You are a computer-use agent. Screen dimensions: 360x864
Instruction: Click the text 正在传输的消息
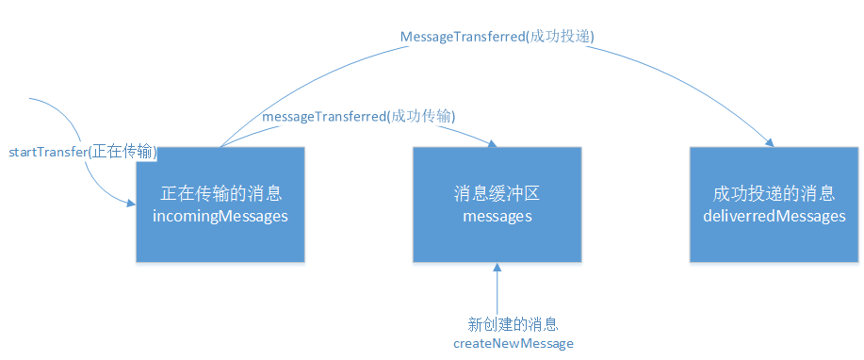click(220, 195)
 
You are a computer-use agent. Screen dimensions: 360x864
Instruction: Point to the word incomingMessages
click(220, 217)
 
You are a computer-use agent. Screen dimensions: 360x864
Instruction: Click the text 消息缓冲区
click(497, 195)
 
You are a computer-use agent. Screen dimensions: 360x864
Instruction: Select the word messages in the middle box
click(497, 217)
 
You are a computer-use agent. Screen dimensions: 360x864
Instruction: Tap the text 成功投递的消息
click(774, 195)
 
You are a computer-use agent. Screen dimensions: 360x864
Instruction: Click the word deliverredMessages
click(774, 217)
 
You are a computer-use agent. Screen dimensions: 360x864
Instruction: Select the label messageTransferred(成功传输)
click(359, 116)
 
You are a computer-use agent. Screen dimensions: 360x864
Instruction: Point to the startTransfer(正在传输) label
click(82, 152)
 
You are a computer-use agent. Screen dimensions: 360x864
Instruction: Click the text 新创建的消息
click(514, 323)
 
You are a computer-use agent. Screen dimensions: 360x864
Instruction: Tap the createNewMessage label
click(514, 344)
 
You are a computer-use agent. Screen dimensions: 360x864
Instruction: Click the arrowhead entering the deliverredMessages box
click(769, 142)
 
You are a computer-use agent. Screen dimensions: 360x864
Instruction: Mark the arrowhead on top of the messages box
click(491, 141)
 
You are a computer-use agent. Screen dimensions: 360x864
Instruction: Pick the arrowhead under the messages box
click(497, 268)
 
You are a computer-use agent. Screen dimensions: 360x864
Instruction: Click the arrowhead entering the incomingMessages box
click(130, 200)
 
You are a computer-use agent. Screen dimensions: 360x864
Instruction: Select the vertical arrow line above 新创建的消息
click(497, 290)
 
